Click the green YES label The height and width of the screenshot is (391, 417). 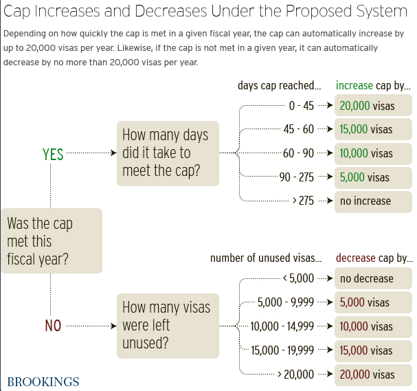pyautogui.click(x=53, y=155)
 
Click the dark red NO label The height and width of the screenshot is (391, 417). pyautogui.click(x=53, y=326)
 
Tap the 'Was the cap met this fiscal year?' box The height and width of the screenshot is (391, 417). pyautogui.click(x=52, y=241)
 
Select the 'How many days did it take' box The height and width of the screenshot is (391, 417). pyautogui.click(x=168, y=153)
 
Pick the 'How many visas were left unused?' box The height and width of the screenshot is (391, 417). pyautogui.click(x=168, y=324)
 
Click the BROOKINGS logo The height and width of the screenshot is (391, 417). pyautogui.click(x=43, y=382)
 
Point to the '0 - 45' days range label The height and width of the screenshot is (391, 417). pyautogui.click(x=301, y=105)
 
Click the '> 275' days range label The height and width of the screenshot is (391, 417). pyautogui.click(x=303, y=201)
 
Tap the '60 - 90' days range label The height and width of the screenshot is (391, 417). pyautogui.click(x=299, y=153)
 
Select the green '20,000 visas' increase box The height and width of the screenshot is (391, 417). pyautogui.click(x=374, y=105)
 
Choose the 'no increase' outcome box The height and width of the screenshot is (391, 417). pyautogui.click(x=374, y=201)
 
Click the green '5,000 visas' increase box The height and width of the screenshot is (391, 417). pyautogui.click(x=374, y=177)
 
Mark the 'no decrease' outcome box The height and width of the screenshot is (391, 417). pyautogui.click(x=374, y=278)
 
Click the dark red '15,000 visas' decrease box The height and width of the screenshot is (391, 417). pyautogui.click(x=374, y=350)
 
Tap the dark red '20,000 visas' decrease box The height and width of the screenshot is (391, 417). pyautogui.click(x=374, y=375)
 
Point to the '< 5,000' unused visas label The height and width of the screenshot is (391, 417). pyautogui.click(x=298, y=278)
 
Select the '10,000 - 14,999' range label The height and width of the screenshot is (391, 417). pyautogui.click(x=282, y=326)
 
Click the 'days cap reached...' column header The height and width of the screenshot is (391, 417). pyautogui.click(x=279, y=86)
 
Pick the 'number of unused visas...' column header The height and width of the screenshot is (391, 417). pyautogui.click(x=265, y=258)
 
